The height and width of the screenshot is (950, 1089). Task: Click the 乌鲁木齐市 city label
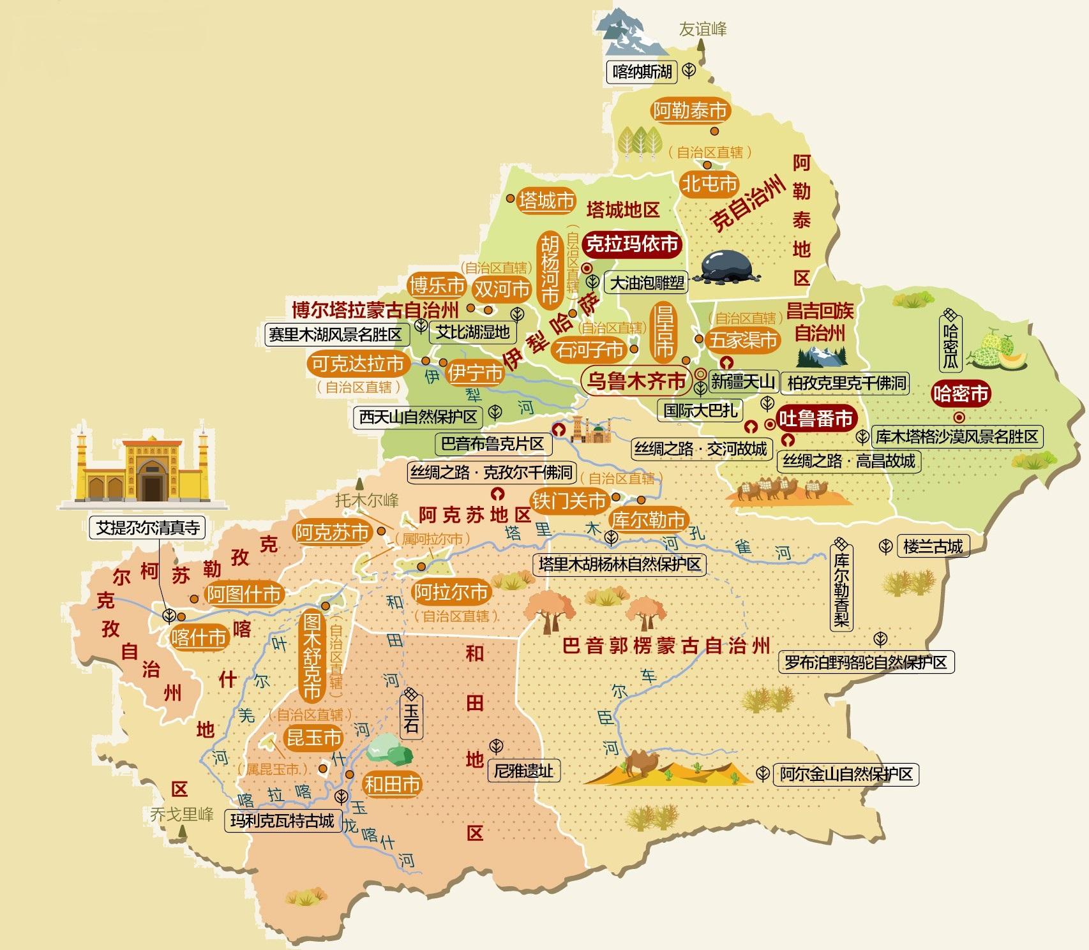(x=636, y=382)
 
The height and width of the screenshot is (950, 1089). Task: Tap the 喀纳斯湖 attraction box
(x=642, y=71)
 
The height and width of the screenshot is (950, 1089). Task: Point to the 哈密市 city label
(x=961, y=394)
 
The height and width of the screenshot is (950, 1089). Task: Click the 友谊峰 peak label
(x=702, y=29)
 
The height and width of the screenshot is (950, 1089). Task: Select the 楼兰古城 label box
(x=933, y=546)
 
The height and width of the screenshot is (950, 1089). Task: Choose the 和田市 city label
(x=392, y=784)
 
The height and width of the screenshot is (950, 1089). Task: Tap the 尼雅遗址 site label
(x=523, y=771)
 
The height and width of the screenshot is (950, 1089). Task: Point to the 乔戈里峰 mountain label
(x=181, y=815)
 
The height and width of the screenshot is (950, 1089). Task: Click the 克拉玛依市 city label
(x=632, y=244)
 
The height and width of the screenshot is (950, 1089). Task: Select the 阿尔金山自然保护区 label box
(x=846, y=775)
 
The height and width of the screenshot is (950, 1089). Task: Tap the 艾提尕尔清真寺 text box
(x=147, y=528)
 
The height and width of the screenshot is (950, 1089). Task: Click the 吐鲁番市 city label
(x=816, y=419)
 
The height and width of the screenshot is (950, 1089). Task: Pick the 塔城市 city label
(x=546, y=200)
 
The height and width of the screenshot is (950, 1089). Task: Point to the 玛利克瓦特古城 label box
(x=282, y=820)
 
